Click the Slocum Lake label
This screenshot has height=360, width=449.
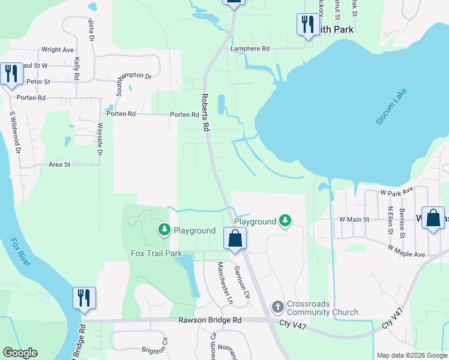coord(391,106)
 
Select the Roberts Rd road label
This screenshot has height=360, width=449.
coord(205,112)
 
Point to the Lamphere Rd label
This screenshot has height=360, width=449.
coord(249,49)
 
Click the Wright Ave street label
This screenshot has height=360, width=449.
coord(57,50)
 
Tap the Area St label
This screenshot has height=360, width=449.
coord(59,164)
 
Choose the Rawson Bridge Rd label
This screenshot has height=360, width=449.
coord(209,320)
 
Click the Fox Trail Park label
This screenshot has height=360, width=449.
coord(156,253)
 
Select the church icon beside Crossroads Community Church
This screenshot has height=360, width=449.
coord(277,307)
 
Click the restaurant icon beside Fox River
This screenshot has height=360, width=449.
coord(84,297)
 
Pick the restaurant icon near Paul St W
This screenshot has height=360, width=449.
coord(11,73)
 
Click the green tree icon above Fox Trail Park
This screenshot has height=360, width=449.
coord(164,229)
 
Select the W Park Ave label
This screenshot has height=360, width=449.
coord(397,191)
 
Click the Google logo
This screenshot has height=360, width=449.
coord(20,353)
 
